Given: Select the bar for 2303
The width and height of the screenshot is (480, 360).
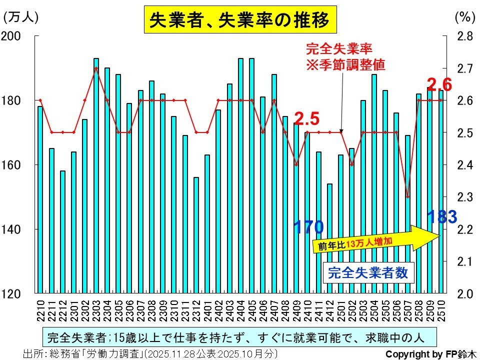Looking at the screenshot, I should pyautogui.click(x=96, y=175).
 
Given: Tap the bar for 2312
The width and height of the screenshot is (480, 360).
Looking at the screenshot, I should pyautogui.click(x=196, y=235).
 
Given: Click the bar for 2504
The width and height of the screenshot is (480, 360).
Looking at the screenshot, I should pyautogui.click(x=374, y=183).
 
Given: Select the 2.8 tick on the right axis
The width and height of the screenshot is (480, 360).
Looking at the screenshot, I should pyautogui.click(x=465, y=36).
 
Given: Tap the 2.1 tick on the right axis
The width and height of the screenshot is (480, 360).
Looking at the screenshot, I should pyautogui.click(x=465, y=261).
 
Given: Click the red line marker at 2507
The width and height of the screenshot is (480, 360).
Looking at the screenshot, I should pyautogui.click(x=407, y=196).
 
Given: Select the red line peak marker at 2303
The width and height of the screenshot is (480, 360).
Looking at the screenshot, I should pyautogui.click(x=96, y=68).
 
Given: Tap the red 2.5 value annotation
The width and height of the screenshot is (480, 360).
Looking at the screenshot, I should pyautogui.click(x=306, y=118).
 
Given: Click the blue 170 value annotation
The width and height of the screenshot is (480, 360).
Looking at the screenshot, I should pyautogui.click(x=308, y=227).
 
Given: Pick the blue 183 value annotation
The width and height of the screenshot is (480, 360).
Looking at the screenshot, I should pyautogui.click(x=442, y=217).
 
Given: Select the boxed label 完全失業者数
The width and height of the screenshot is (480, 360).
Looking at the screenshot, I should pyautogui.click(x=368, y=273).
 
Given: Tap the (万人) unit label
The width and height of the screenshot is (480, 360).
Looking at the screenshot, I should pyautogui.click(x=21, y=16).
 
